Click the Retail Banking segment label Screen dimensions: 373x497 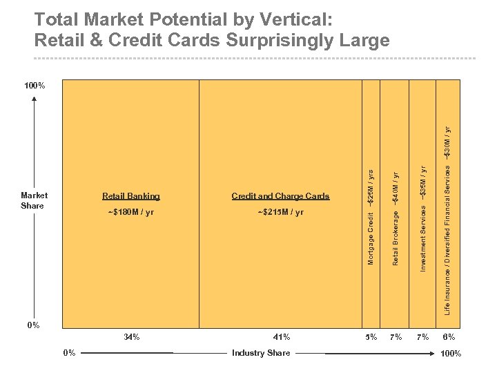pyautogui.click(x=130, y=196)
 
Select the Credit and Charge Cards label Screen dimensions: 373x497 pyautogui.click(x=280, y=196)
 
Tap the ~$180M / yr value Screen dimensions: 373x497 pyautogui.click(x=130, y=212)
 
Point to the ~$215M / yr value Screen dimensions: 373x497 pyautogui.click(x=280, y=212)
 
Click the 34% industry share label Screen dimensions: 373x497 pyautogui.click(x=131, y=338)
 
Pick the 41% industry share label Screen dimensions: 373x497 pyautogui.click(x=281, y=338)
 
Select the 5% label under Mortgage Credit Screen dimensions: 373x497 pyautogui.click(x=371, y=338)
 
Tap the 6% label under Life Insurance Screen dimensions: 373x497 pyautogui.click(x=449, y=338)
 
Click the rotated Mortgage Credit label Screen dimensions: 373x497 pyautogui.click(x=371, y=238)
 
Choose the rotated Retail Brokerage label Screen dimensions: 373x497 pyautogui.click(x=396, y=237)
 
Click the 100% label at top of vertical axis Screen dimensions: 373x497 pyautogui.click(x=35, y=86)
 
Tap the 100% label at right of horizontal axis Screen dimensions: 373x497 pyautogui.click(x=450, y=354)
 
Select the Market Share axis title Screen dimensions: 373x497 pyautogui.click(x=34, y=200)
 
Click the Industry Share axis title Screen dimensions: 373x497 pyautogui.click(x=261, y=353)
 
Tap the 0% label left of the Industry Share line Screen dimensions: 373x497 pyautogui.click(x=69, y=353)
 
